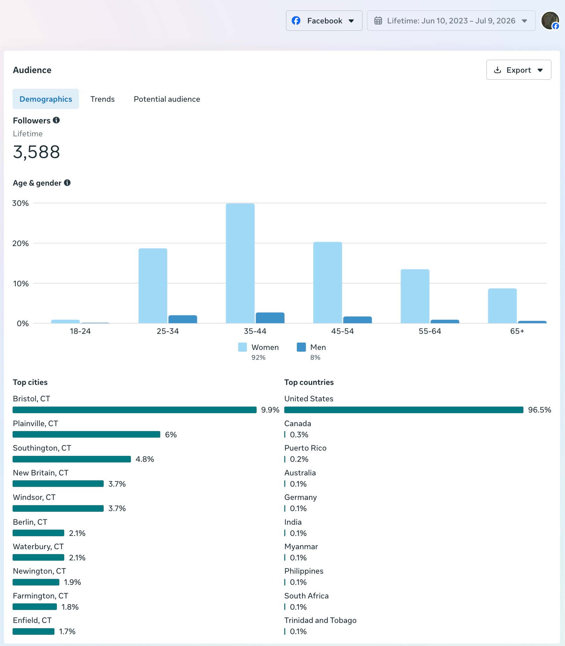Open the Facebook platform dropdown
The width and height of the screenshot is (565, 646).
click(x=324, y=21)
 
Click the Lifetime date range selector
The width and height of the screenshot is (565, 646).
click(x=451, y=21)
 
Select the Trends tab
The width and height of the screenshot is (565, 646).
click(x=102, y=99)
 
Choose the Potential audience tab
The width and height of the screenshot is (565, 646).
click(x=167, y=99)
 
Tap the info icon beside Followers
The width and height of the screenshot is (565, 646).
click(x=56, y=120)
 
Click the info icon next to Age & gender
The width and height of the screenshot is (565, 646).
click(x=67, y=182)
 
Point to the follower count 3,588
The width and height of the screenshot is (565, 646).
click(x=36, y=152)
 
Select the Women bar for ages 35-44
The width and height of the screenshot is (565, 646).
click(x=240, y=263)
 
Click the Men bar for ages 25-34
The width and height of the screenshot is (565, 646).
click(x=183, y=319)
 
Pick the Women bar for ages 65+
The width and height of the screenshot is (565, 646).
click(x=502, y=306)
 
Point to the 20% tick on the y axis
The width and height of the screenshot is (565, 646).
click(x=21, y=243)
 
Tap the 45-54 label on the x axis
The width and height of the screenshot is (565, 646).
click(x=343, y=331)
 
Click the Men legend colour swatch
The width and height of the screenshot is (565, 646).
click(x=301, y=347)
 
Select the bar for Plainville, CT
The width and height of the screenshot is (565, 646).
click(x=87, y=435)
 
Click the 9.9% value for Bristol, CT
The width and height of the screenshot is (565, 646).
click(x=270, y=410)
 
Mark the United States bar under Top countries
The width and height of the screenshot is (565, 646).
click(x=404, y=410)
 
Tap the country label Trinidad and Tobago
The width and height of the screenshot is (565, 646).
click(x=320, y=620)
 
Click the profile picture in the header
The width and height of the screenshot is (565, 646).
click(x=550, y=21)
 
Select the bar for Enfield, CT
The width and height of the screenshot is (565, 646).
click(x=34, y=631)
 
